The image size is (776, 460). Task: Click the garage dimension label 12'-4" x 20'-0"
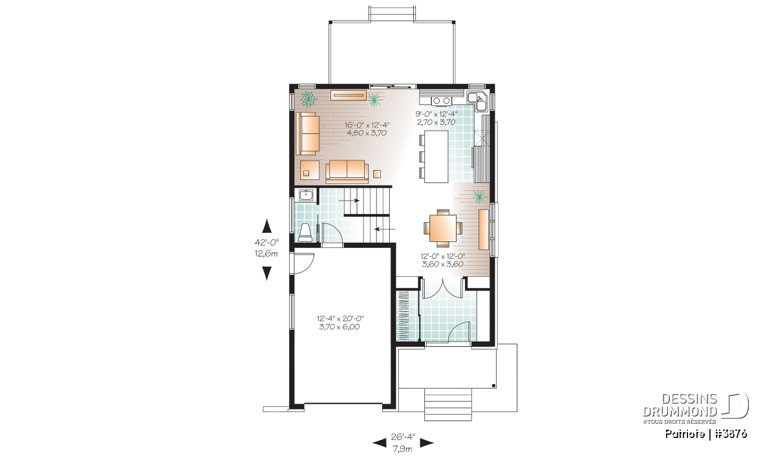[340, 318]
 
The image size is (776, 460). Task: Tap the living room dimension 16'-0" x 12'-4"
[367, 125]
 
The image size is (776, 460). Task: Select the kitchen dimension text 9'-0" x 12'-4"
[436, 114]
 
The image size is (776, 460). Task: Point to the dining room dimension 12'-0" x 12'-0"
[443, 256]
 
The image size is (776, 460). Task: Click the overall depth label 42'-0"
[266, 242]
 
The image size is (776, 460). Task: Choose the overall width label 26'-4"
[403, 437]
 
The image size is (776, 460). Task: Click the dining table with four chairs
[443, 228]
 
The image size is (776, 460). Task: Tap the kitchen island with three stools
[434, 157]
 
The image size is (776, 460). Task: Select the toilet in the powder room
[305, 232]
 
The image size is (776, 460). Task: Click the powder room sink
[63, 196]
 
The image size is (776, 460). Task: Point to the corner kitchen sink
[479, 100]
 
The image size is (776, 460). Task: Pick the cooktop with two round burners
[441, 100]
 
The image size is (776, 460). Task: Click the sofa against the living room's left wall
[307, 133]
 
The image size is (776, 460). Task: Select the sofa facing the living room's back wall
[347, 171]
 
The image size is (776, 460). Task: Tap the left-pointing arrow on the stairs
[385, 229]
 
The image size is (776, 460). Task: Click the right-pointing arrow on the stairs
[349, 201]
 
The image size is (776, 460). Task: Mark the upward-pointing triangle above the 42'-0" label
[266, 226]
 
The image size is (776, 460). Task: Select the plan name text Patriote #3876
[706, 434]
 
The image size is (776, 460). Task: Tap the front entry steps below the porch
[448, 404]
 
